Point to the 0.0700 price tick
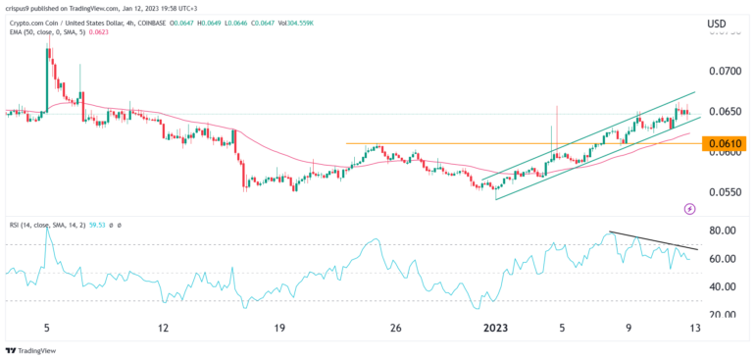pos(723,72)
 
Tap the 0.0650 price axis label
pos(723,112)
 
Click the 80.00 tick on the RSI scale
pos(723,231)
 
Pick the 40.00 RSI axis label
pos(723,287)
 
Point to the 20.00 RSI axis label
pos(723,315)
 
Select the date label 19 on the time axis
pos(278,329)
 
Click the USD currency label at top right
pos(718,24)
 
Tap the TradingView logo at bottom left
pos(31,349)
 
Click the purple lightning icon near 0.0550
pos(689,208)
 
